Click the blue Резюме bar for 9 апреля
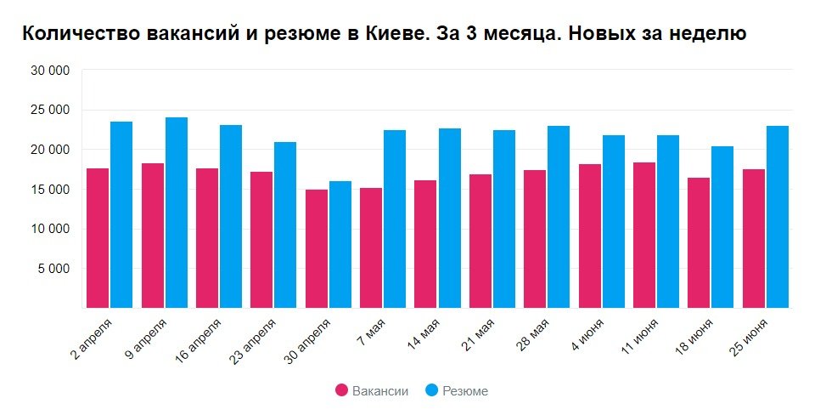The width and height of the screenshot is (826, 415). point(177,213)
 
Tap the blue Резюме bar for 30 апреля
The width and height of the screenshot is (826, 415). point(340,244)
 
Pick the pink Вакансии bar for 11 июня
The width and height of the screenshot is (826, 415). point(644,235)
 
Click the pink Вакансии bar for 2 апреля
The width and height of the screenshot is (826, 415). point(98,238)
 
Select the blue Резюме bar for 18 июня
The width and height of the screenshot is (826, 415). point(722,227)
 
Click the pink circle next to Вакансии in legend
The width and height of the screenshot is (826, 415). point(342,391)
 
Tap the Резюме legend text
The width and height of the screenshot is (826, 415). point(465,391)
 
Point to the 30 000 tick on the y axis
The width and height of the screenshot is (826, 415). point(51,71)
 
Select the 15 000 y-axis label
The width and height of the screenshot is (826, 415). point(51,190)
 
